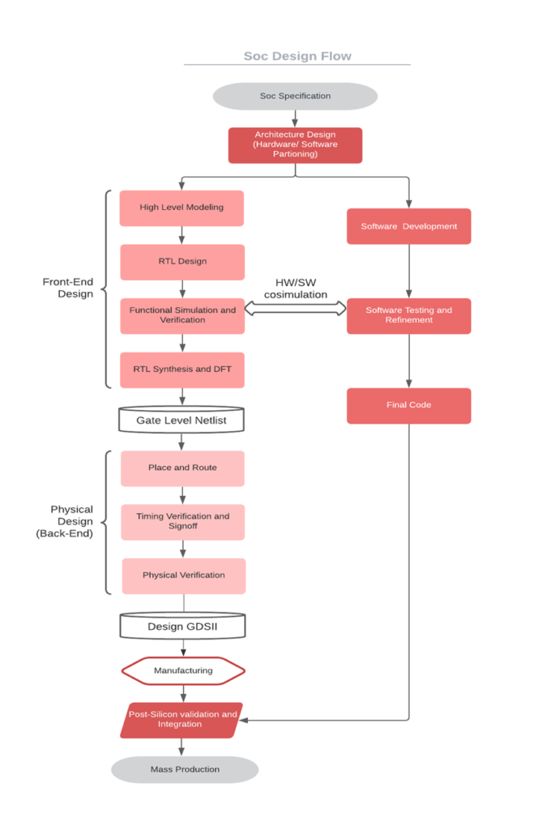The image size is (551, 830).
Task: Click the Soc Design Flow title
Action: coord(297,56)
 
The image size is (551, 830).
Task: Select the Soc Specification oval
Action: coord(295,96)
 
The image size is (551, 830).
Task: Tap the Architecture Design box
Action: coord(295,145)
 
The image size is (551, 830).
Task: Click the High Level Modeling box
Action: coord(182,207)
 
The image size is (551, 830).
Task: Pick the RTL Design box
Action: coord(182,262)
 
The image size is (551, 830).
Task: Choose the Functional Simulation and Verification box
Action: coord(182,315)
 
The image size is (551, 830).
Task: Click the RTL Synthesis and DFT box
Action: coord(182,370)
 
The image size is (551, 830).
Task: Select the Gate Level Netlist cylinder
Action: coord(182,420)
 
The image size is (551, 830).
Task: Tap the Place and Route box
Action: coord(182,468)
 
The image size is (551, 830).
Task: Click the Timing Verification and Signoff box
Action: coord(182,521)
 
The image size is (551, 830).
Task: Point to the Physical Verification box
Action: coord(183,575)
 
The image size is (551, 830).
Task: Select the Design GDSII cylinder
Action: coord(182,626)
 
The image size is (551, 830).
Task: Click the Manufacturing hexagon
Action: coord(183,670)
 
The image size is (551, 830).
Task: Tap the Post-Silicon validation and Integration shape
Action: coord(182,720)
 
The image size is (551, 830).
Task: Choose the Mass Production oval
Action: coord(185,769)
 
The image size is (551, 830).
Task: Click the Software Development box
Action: coord(408,226)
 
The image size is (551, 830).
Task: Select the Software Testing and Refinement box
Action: coord(408,315)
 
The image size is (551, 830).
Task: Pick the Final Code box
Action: coord(408,405)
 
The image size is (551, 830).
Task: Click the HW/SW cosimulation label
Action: coord(295,289)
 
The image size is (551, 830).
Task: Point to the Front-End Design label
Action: coord(68,288)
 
